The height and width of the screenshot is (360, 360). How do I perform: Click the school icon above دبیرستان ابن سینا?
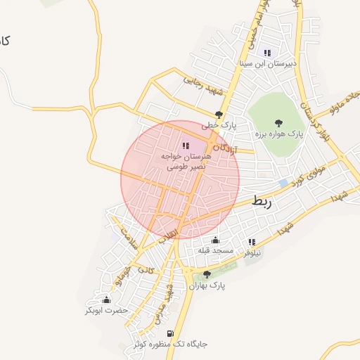[x=267, y=53]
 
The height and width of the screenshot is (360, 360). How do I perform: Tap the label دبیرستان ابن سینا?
[x=268, y=63]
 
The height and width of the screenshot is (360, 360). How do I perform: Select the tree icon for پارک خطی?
[x=219, y=114]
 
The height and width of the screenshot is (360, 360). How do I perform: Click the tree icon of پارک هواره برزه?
[x=278, y=122]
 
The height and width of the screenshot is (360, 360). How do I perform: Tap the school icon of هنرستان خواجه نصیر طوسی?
[x=186, y=146]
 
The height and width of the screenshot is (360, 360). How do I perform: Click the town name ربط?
[x=261, y=202]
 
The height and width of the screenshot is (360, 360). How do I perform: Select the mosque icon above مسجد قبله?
[x=216, y=240]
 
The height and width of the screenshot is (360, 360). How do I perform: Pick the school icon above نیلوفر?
[x=252, y=242]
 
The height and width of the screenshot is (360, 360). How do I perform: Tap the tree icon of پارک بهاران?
[x=207, y=275]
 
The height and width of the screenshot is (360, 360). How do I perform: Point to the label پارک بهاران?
[x=207, y=286]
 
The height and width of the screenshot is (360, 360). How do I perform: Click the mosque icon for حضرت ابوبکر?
[x=106, y=300]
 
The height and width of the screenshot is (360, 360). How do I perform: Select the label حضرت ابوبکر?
[x=106, y=310]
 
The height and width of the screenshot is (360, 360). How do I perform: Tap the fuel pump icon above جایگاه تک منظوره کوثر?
[x=169, y=333]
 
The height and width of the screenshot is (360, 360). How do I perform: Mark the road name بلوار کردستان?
[x=314, y=116]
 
